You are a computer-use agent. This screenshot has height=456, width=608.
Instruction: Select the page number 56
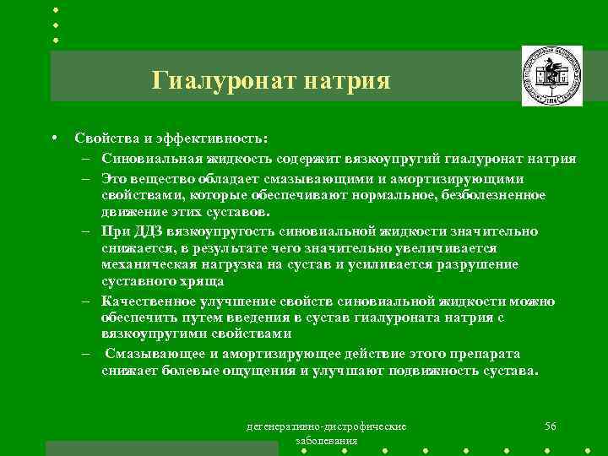pyautogui.click(x=551, y=426)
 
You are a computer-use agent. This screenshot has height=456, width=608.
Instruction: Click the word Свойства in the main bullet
pyautogui.click(x=104, y=138)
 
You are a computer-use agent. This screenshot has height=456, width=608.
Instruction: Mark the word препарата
pyautogui.click(x=481, y=353)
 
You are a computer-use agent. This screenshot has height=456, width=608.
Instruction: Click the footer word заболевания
pyautogui.click(x=326, y=441)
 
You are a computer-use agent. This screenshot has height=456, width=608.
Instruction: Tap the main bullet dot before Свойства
pyautogui.click(x=53, y=138)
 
